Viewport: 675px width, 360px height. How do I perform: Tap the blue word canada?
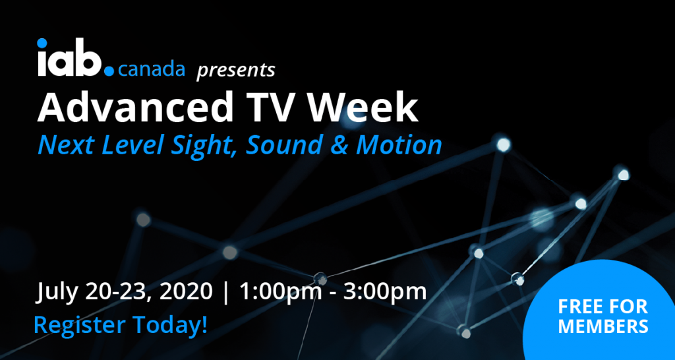pyautogui.click(x=151, y=69)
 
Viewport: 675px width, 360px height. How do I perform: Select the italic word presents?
pyautogui.click(x=236, y=71)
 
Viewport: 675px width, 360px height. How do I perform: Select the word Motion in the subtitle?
pyautogui.click(x=398, y=146)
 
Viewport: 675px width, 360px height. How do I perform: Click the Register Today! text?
pyautogui.click(x=121, y=325)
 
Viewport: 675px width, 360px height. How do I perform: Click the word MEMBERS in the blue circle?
pyautogui.click(x=603, y=326)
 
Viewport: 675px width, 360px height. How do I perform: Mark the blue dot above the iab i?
pyautogui.click(x=42, y=43)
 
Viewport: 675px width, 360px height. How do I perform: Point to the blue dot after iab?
pyautogui.click(x=109, y=71)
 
